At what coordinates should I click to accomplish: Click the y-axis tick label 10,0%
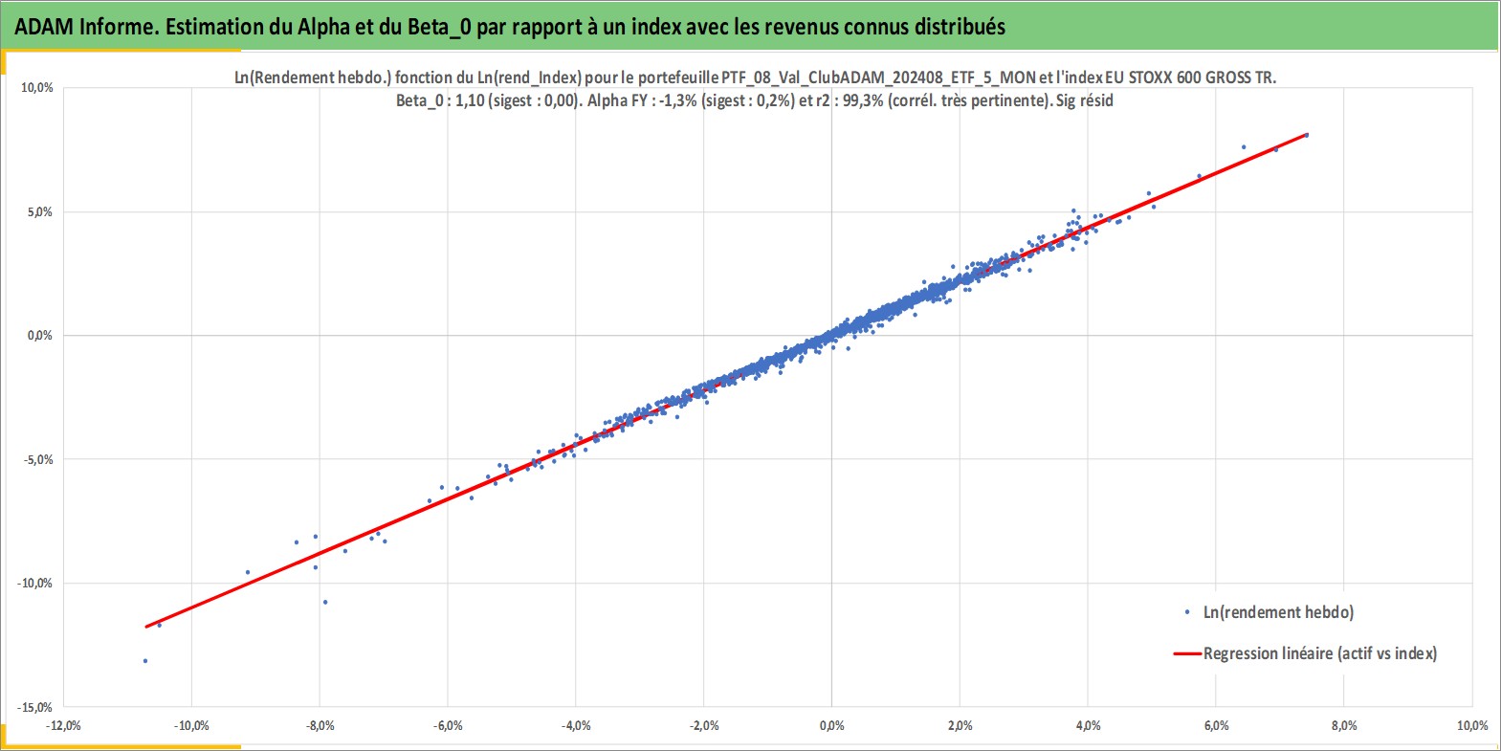[x=37, y=88]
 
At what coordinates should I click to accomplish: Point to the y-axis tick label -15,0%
[x=34, y=707]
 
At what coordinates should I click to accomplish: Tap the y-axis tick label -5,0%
[x=37, y=459]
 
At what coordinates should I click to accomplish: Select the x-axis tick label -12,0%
[x=64, y=725]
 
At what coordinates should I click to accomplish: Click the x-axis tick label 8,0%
[x=1344, y=725]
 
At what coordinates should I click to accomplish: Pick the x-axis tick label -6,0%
[x=448, y=725]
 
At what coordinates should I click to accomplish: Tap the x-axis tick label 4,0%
[x=1089, y=725]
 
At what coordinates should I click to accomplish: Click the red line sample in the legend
[x=1186, y=653]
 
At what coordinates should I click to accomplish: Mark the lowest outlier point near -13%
[x=145, y=661]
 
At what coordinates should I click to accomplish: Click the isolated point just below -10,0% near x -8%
[x=325, y=603]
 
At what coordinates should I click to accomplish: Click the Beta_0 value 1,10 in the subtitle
[x=470, y=100]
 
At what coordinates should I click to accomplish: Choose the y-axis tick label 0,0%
[x=40, y=336]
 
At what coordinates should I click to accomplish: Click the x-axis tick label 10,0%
[x=1472, y=725]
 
